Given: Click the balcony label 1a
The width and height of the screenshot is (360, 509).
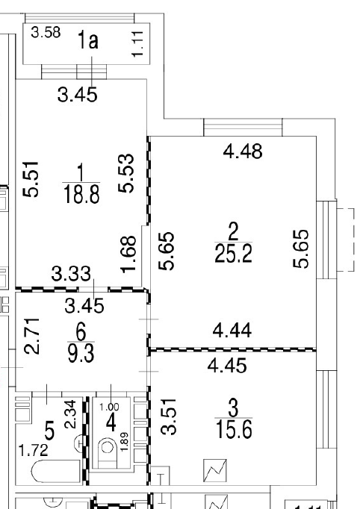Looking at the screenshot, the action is click(x=87, y=40).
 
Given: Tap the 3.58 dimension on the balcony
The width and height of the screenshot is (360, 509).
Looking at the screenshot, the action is click(x=46, y=32).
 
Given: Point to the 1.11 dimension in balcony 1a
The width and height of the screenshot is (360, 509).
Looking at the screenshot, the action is click(x=137, y=44).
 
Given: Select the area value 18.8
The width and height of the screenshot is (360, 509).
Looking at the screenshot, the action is click(x=81, y=195).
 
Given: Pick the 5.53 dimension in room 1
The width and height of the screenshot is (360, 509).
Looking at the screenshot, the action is click(x=126, y=173).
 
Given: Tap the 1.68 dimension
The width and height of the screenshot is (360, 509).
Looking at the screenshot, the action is click(x=128, y=254).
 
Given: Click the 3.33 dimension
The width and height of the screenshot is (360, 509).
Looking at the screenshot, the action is click(x=71, y=274).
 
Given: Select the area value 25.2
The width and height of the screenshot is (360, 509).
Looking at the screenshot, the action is click(x=233, y=253).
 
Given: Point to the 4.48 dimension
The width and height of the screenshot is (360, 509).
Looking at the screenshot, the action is click(x=243, y=152).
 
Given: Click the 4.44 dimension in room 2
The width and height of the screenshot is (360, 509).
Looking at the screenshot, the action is click(x=232, y=331).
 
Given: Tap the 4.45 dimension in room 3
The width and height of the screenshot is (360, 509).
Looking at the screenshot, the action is click(x=228, y=365).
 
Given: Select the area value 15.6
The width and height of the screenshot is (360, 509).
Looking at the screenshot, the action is click(x=234, y=429).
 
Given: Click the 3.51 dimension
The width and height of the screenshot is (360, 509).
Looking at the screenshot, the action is click(x=170, y=416).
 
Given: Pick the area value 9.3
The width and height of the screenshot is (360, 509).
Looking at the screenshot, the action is click(x=81, y=353).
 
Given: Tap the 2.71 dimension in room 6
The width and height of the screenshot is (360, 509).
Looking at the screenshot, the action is click(x=32, y=336).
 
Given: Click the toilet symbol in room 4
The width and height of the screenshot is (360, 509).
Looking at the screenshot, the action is click(x=107, y=452).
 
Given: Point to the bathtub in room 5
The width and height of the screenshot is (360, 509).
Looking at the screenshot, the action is click(x=56, y=472).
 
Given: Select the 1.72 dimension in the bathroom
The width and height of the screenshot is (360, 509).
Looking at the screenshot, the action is click(x=34, y=451).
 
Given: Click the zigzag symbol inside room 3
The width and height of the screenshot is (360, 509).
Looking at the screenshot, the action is click(x=215, y=470).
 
